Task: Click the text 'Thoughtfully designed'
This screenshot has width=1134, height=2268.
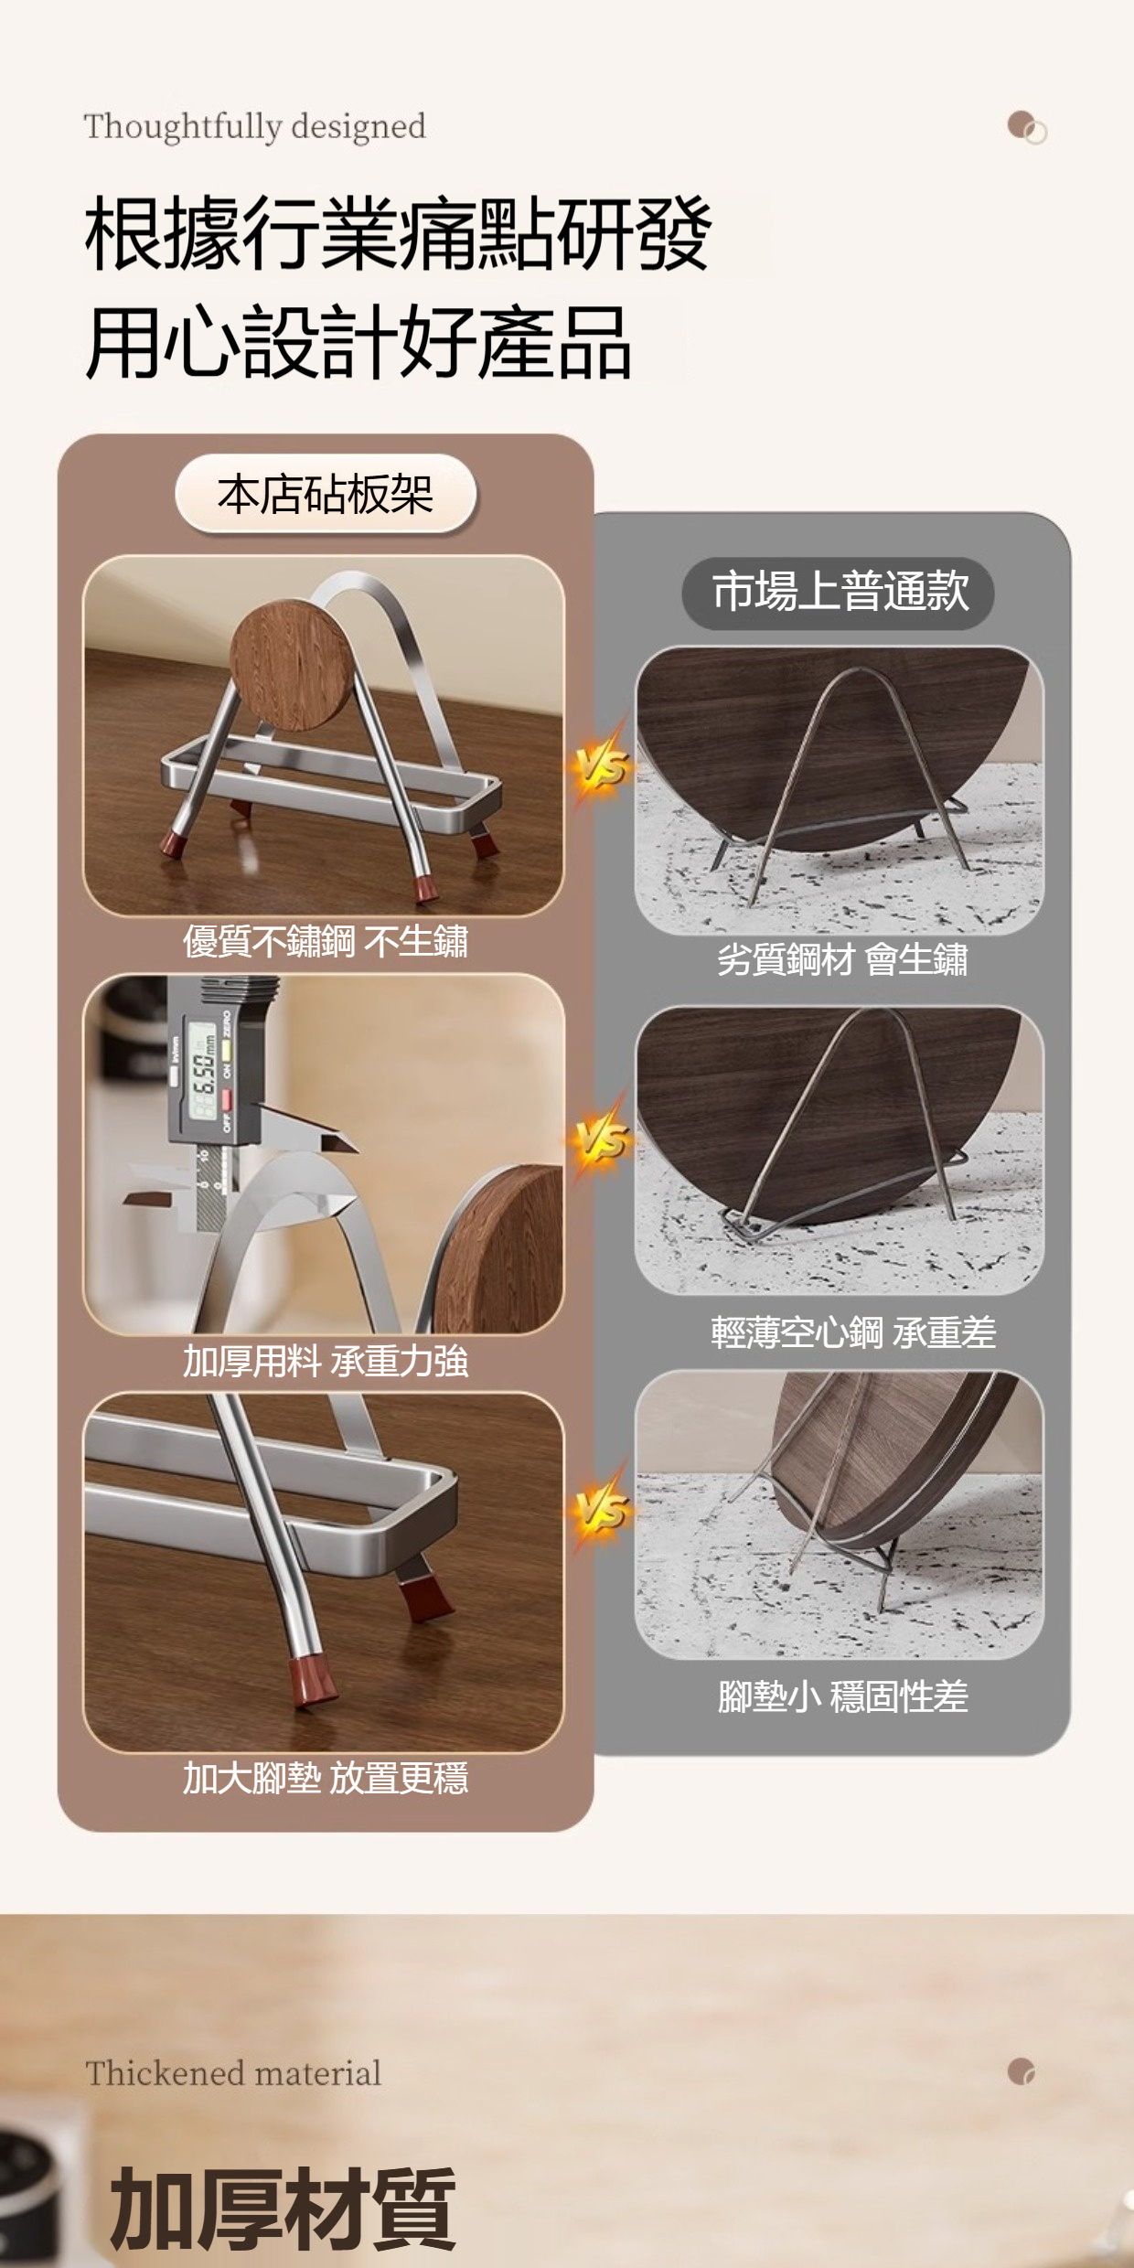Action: [254, 127]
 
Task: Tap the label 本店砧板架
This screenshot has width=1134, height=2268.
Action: [326, 495]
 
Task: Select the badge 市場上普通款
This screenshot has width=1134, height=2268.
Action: [839, 592]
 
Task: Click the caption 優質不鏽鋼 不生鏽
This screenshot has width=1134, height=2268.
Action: [326, 941]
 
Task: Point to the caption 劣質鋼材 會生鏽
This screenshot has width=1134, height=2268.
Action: [842, 959]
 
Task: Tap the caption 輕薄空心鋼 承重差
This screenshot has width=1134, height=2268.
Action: [853, 1332]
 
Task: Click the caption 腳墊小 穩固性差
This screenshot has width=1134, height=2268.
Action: [842, 1696]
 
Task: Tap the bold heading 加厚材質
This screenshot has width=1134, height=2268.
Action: [283, 2209]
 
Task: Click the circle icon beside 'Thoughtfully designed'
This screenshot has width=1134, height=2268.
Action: [1027, 127]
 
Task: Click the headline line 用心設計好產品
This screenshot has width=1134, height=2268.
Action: [358, 342]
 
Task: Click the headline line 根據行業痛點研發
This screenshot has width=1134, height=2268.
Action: [398, 233]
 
